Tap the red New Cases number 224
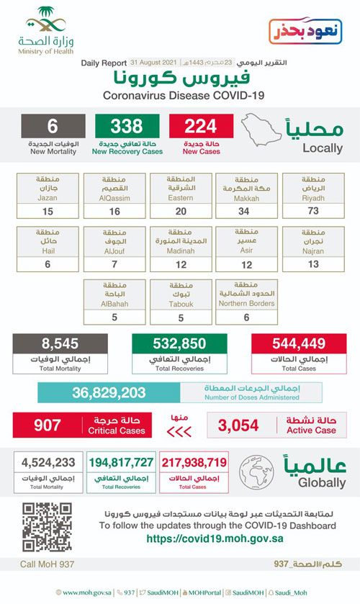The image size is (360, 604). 200,127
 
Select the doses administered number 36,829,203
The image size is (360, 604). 109,393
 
